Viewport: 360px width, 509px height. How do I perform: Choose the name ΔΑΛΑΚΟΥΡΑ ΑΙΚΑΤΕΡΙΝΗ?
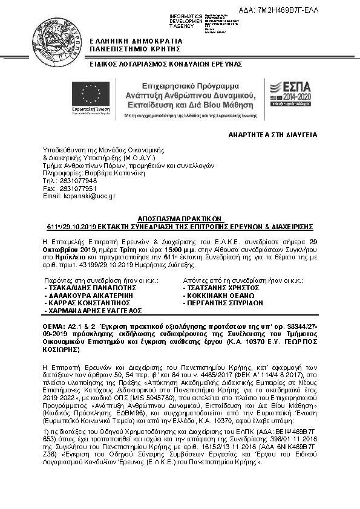click(x=91, y=296)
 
